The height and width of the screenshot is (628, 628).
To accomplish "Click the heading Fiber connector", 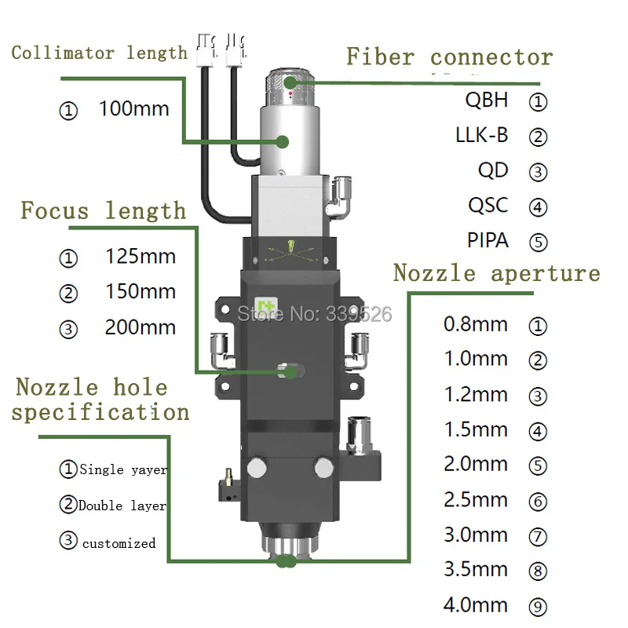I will coord(450,57).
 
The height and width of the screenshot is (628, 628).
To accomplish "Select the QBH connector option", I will coord(487,100).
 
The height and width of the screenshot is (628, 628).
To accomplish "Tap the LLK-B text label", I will coord(482,135).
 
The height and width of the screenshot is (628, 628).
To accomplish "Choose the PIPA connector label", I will coord(488,239).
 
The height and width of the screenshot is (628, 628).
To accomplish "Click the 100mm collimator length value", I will coord(133,108).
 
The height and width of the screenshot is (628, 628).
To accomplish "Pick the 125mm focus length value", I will coord(141,256).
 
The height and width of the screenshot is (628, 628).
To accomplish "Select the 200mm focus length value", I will coord(141,327).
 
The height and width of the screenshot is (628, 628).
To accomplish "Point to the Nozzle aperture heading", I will coord(496,273).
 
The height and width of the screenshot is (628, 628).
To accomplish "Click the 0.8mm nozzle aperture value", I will coord(476,323).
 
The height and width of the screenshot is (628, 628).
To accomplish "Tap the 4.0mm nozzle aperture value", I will coord(476,605).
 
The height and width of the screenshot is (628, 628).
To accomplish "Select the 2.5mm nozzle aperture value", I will coord(476,499).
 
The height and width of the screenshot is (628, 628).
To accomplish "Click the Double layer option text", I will coord(122,506).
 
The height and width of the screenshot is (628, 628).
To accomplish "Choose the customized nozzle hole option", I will coord(119,542).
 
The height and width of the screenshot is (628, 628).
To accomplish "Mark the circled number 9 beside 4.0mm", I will coord(538,607).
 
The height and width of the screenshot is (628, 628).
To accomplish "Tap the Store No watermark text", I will coord(314,314).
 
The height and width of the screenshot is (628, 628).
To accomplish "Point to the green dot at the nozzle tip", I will coord(284,560).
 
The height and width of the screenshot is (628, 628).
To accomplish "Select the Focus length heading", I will coord(104,210).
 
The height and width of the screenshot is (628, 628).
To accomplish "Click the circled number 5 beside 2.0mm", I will coord(538,466).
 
